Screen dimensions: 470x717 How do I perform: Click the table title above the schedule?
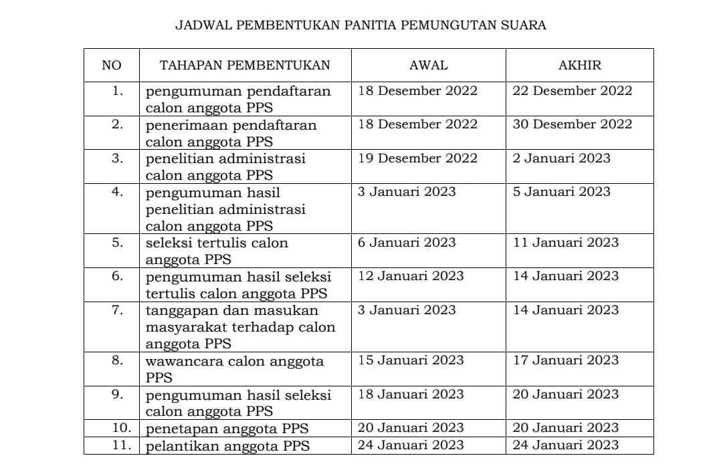361,25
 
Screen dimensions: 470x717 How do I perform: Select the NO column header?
112,66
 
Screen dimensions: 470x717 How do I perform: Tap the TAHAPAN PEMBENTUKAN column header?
245,66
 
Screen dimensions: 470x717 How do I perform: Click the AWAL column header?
428,66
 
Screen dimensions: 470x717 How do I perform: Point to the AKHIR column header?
579,66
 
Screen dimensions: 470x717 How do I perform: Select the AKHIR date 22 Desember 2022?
572,91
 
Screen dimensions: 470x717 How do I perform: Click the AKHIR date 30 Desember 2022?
572,124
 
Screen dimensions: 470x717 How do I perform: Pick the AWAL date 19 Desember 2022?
417,158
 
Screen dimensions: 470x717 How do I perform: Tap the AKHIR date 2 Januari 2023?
561,158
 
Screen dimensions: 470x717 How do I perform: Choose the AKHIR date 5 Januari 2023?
561,192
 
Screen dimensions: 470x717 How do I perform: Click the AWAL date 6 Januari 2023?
407,243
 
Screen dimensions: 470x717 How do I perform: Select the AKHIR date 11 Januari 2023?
565,243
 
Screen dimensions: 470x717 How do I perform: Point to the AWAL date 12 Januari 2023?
410,276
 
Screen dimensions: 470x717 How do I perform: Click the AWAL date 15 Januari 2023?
410,360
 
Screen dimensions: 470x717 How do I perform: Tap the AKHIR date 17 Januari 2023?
565,360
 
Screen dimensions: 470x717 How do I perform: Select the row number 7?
117,310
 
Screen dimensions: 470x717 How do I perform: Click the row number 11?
121,445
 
